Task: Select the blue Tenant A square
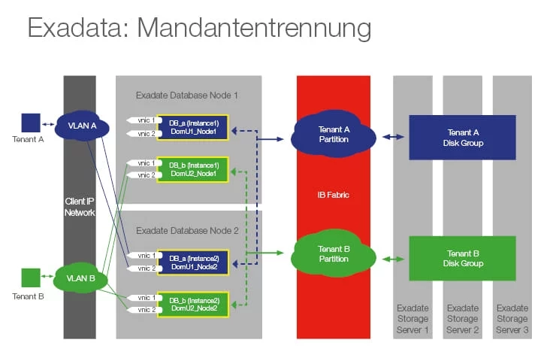click(30, 123)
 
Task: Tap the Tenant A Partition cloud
click(333, 133)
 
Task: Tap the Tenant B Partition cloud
click(333, 254)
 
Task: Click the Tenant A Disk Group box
click(461, 138)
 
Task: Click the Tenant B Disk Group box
click(461, 258)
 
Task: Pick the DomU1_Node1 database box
click(193, 126)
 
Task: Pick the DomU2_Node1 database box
click(193, 169)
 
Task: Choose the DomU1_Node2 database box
click(193, 262)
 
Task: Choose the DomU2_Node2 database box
click(193, 304)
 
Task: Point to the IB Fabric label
click(333, 195)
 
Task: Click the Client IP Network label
click(80, 207)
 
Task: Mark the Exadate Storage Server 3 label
click(512, 319)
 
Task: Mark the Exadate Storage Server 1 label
click(412, 319)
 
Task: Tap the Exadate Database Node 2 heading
click(187, 231)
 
